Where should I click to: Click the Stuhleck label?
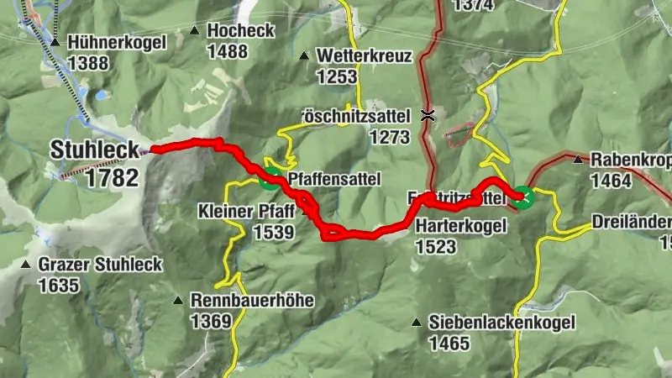(94, 150)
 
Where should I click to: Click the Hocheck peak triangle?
(195, 31)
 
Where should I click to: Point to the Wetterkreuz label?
(364, 57)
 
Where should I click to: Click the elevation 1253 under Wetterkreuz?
(338, 76)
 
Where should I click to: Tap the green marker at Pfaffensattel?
(270, 176)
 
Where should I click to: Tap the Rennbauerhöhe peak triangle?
(178, 300)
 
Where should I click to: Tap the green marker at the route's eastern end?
(523, 197)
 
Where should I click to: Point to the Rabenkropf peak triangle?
(577, 159)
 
